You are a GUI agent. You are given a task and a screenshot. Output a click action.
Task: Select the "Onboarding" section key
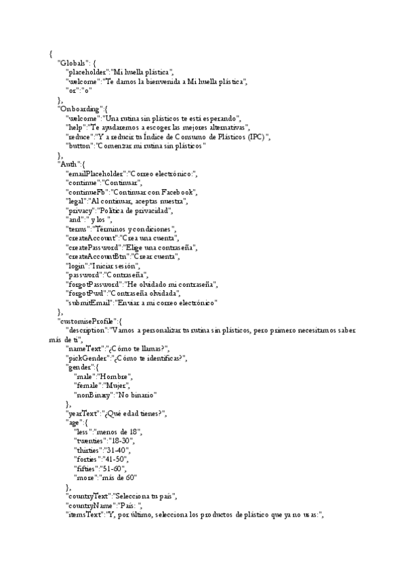(x=81, y=109)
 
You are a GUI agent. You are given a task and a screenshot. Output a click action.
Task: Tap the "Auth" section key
(x=70, y=165)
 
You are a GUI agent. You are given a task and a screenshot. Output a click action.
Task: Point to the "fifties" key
(x=88, y=469)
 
